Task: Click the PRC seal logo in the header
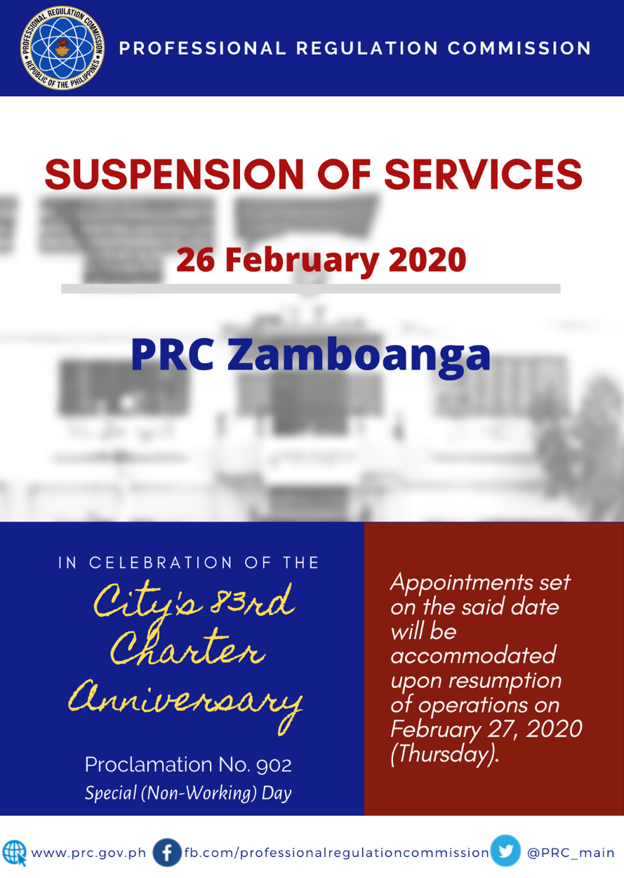tap(62, 48)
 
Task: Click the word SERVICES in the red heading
tap(483, 175)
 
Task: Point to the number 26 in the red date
tap(195, 260)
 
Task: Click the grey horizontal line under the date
tap(311, 289)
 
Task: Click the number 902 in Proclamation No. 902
tap(274, 765)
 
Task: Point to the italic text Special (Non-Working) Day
tap(188, 792)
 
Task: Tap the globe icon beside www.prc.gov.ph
tap(15, 853)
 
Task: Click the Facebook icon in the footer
tap(166, 852)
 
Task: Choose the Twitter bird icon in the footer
tap(505, 851)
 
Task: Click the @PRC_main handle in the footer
tap(571, 853)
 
